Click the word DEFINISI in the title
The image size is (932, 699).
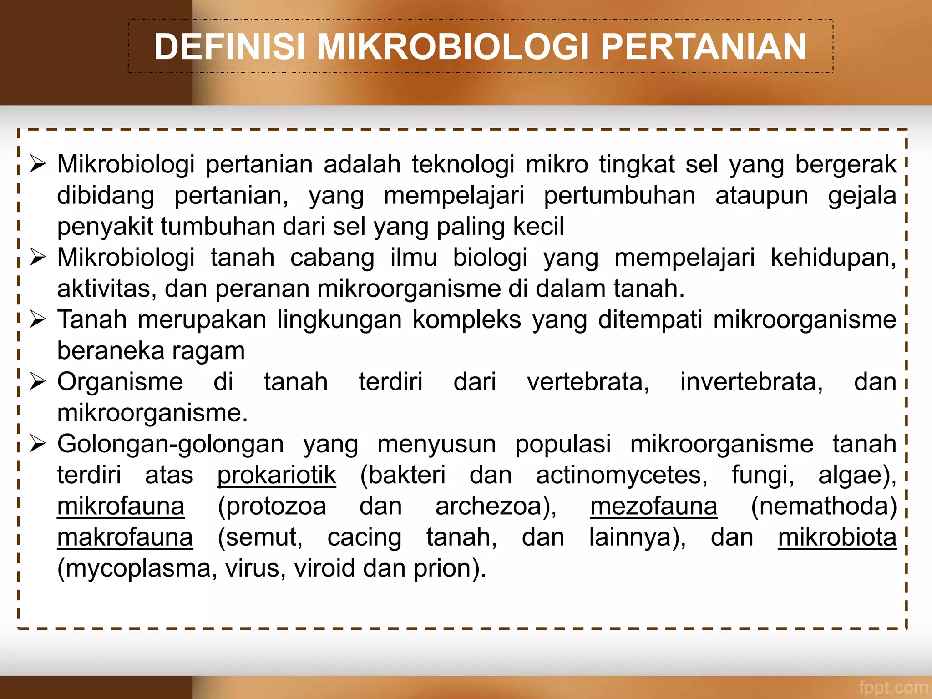(229, 47)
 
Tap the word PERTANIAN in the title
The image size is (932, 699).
(704, 47)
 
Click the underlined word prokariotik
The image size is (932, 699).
(277, 476)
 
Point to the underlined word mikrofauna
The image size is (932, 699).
(121, 507)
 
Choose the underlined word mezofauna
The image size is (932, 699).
(653, 507)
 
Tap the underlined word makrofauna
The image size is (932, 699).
(125, 537)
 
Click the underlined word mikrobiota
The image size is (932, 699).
(837, 537)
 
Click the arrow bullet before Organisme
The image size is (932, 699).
(38, 381)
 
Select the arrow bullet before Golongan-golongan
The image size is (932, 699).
(38, 444)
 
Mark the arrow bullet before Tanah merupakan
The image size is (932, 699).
(38, 319)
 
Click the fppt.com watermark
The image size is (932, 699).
(893, 687)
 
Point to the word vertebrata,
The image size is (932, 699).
(588, 382)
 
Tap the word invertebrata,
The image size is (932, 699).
(751, 382)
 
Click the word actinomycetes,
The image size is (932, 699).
(622, 476)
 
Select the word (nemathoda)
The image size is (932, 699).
(824, 507)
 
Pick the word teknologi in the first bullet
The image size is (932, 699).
(463, 164)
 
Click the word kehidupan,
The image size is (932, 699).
(833, 258)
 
